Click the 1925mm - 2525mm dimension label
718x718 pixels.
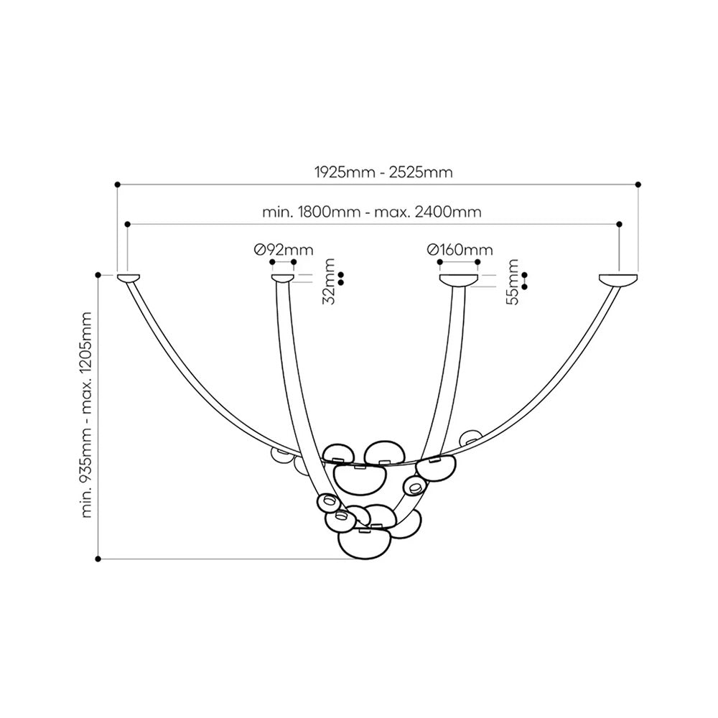pos(383,172)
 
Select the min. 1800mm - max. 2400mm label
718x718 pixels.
pos(372,212)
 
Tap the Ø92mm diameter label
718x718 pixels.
pos(284,250)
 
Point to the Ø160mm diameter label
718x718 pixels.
pos(460,250)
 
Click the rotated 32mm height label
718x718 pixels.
pos(330,281)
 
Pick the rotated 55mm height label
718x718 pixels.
pos(513,281)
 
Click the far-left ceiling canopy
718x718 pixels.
pos(129,278)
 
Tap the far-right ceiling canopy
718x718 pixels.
pos(618,279)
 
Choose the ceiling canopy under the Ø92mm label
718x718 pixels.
pos(282,278)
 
